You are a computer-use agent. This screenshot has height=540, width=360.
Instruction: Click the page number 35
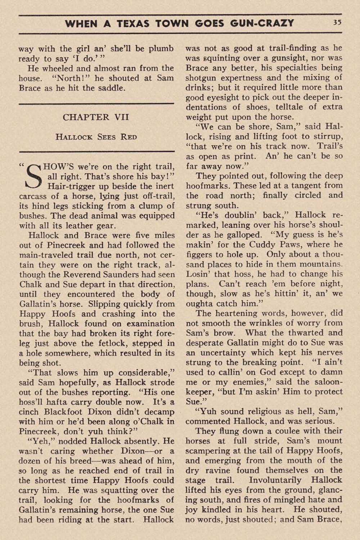pos(337,22)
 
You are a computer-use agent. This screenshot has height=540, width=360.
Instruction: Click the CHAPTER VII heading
pos(96,117)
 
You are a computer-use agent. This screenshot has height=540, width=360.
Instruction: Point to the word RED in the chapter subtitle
pos(129,137)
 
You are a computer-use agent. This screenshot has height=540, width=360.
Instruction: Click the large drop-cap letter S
pos(32,177)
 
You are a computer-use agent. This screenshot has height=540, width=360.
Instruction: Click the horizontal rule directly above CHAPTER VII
pos(96,104)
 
